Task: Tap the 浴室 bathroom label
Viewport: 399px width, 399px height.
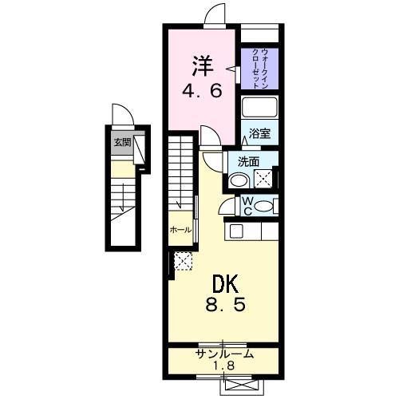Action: click(x=259, y=134)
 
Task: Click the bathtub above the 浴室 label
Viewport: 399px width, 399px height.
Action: click(x=260, y=109)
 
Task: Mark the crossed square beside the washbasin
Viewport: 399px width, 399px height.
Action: click(x=265, y=178)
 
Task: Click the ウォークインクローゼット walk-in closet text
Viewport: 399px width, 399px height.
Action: click(x=259, y=68)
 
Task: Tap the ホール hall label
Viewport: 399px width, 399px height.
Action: click(x=180, y=230)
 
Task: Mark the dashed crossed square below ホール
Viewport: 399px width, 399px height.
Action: click(x=183, y=260)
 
